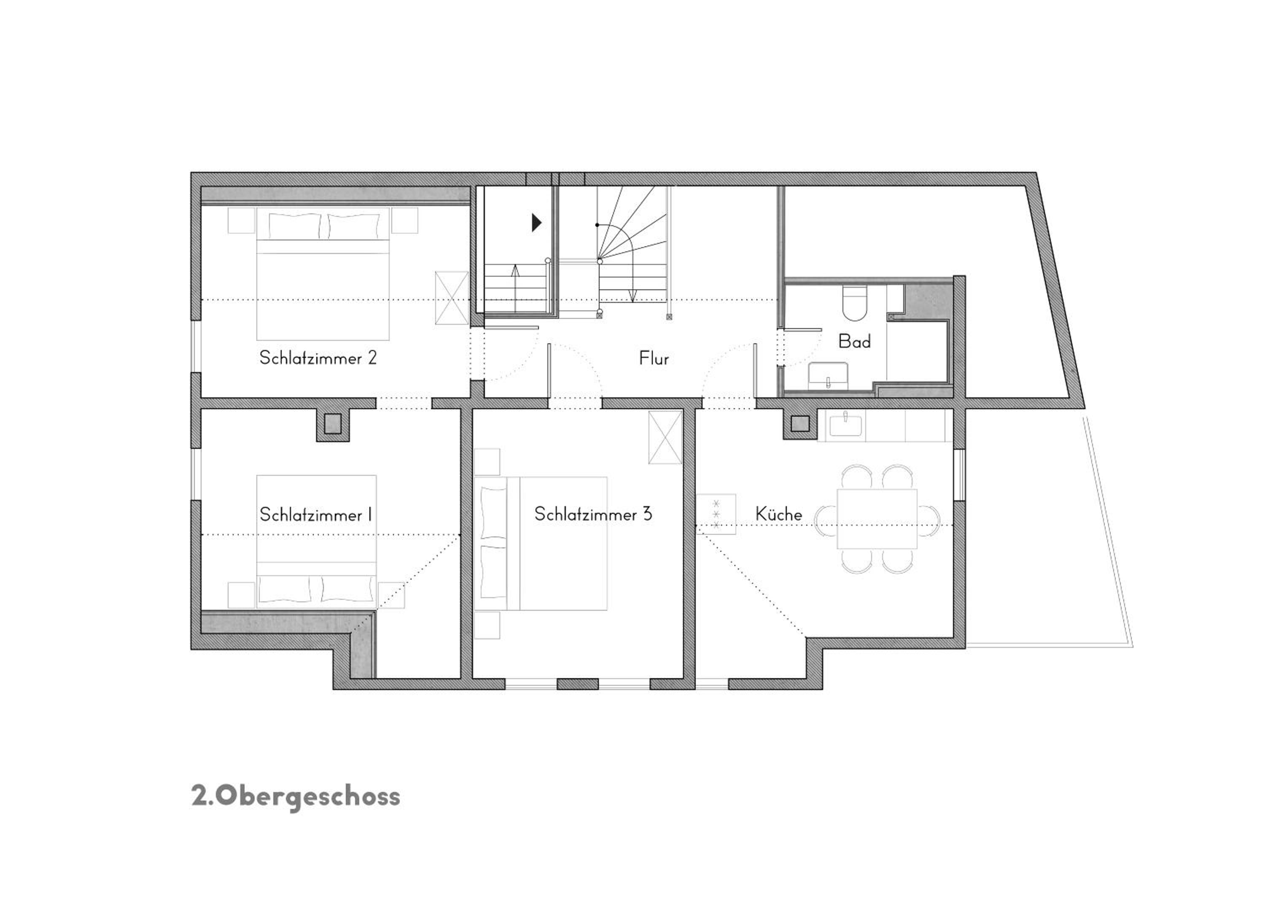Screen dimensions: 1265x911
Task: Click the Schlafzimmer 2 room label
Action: click(318, 358)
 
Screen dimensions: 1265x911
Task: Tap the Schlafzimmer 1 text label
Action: click(316, 515)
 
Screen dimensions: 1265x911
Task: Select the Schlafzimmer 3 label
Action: click(593, 514)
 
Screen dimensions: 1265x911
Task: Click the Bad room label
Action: click(854, 342)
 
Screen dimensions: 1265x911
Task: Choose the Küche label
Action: click(779, 513)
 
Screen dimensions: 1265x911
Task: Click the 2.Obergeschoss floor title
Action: click(296, 797)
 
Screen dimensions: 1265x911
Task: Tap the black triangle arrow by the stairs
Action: click(536, 223)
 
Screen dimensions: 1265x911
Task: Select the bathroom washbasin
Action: click(828, 375)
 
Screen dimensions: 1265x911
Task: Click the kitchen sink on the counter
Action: click(845, 426)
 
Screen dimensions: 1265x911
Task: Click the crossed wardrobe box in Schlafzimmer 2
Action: click(452, 298)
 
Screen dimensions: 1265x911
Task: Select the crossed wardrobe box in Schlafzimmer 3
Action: click(665, 437)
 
